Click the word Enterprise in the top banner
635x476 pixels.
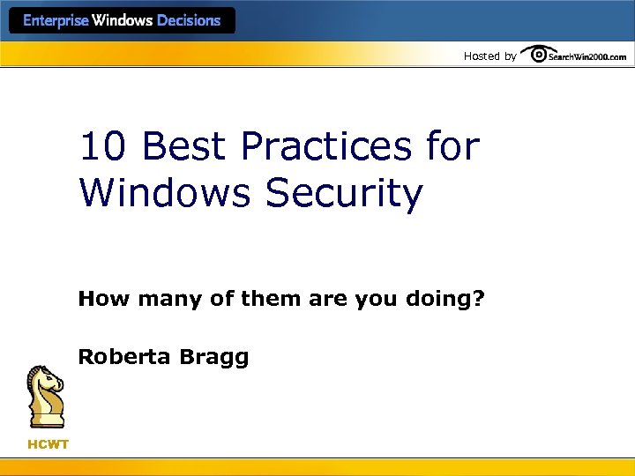[x=56, y=21]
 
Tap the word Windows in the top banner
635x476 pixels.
[x=123, y=21]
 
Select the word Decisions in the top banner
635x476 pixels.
[x=189, y=21]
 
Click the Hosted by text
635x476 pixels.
[x=489, y=56]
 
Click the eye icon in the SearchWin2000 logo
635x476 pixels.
[x=537, y=56]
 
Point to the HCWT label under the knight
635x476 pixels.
[x=48, y=444]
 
